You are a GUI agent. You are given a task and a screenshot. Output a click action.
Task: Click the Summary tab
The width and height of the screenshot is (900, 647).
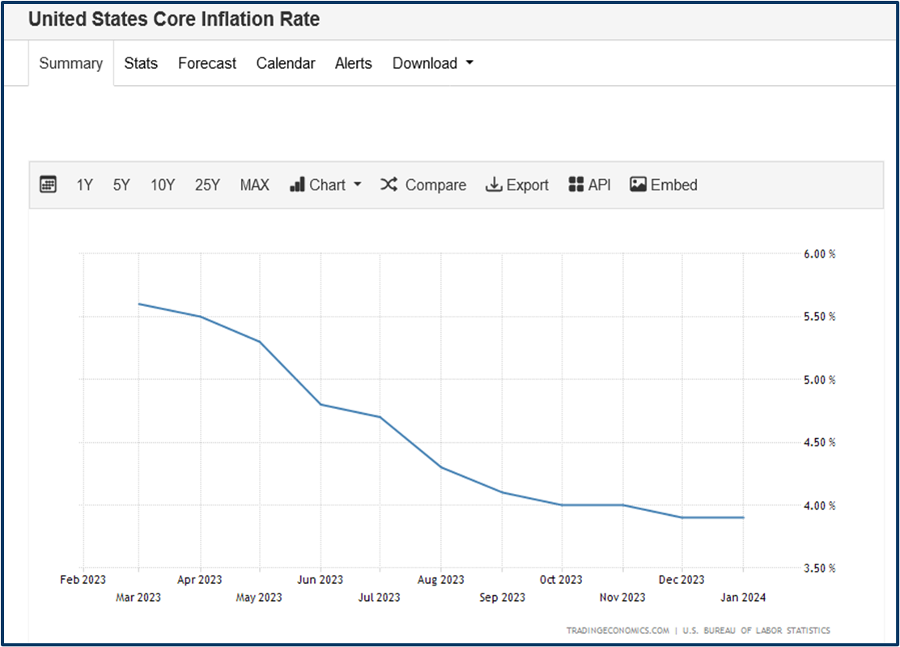pyautogui.click(x=71, y=63)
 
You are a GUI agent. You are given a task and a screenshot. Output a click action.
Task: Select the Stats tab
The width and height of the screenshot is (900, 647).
pyautogui.click(x=141, y=63)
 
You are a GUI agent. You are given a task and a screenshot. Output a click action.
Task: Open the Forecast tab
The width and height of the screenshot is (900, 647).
pyautogui.click(x=207, y=63)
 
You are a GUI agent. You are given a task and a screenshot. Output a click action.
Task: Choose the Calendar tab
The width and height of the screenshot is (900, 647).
pyautogui.click(x=286, y=63)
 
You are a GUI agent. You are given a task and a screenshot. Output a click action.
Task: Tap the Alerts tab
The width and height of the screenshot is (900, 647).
pyautogui.click(x=354, y=63)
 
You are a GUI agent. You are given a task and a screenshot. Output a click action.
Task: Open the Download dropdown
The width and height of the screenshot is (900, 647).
pyautogui.click(x=433, y=63)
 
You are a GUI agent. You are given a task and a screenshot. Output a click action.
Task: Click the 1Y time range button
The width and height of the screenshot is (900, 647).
pyautogui.click(x=85, y=185)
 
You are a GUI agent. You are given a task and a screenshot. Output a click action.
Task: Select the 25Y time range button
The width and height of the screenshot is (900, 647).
pyautogui.click(x=207, y=185)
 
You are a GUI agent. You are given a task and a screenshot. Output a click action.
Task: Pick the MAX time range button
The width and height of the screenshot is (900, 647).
pyautogui.click(x=254, y=185)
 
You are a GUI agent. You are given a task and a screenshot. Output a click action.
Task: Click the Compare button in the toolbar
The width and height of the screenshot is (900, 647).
pyautogui.click(x=423, y=185)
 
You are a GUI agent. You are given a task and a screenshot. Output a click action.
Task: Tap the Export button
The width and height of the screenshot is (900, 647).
pyautogui.click(x=517, y=185)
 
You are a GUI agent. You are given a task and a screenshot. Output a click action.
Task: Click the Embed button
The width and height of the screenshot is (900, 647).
pyautogui.click(x=664, y=185)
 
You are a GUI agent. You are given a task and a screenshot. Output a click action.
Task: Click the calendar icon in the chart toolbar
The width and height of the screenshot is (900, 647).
pyautogui.click(x=49, y=185)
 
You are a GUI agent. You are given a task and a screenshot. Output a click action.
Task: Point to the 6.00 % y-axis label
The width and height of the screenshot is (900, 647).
pyautogui.click(x=819, y=253)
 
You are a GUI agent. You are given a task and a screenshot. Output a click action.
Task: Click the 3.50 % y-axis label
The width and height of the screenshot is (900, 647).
pyautogui.click(x=819, y=568)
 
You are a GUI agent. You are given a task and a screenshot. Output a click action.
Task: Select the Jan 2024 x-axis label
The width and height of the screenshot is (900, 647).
pyautogui.click(x=742, y=598)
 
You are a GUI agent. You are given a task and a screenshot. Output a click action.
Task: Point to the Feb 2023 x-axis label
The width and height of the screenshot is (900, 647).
pyautogui.click(x=83, y=580)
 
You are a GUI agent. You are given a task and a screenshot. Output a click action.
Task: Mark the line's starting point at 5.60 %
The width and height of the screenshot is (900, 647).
pyautogui.click(x=139, y=304)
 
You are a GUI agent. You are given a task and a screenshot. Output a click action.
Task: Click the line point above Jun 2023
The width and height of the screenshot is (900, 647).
pyautogui.click(x=321, y=404)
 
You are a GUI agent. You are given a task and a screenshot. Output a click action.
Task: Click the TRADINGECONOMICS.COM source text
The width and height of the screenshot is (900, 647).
pyautogui.click(x=618, y=631)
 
